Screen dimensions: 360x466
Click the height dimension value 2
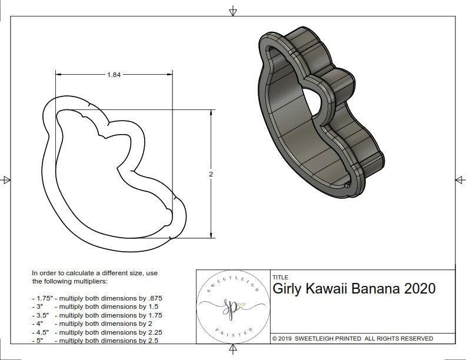pos(211,174)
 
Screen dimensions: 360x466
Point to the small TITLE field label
pos(281,277)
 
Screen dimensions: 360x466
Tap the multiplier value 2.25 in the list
pos(152,332)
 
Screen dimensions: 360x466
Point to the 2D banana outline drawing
pos(112,171)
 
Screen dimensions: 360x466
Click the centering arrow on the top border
pos(233,11)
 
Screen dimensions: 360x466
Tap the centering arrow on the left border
pos(6,179)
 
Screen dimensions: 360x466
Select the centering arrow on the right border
pos(460,179)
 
